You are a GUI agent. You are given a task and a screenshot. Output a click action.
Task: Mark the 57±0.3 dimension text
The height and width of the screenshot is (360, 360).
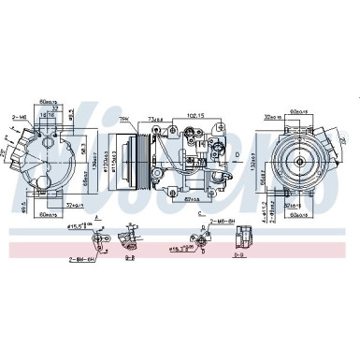click(x=194, y=200)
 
